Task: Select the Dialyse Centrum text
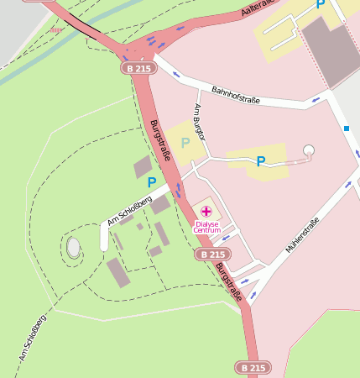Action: coord(206,227)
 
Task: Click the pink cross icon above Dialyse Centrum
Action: coord(206,212)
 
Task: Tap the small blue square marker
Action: coord(346,129)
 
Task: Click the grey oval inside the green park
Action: coord(74,247)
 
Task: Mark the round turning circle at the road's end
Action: coord(309,151)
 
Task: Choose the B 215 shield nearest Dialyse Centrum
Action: coord(214,254)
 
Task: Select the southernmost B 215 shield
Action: coord(252,368)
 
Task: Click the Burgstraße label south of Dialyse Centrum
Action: coord(228,282)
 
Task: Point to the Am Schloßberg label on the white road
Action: coord(129,211)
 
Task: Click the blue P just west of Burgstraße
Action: coord(152,181)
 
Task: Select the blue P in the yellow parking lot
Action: coord(261,161)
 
